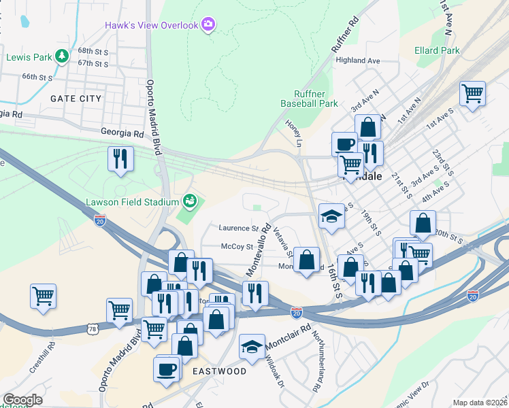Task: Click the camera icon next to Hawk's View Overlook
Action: pyautogui.click(x=208, y=25)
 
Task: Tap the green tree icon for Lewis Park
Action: pyautogui.click(x=62, y=56)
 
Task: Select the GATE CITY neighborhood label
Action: pyautogui.click(x=76, y=99)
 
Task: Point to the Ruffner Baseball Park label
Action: pyautogui.click(x=310, y=99)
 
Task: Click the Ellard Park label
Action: pyautogui.click(x=437, y=50)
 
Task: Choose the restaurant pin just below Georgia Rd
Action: pyautogui.click(x=120, y=159)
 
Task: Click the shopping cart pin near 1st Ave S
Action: pyautogui.click(x=472, y=94)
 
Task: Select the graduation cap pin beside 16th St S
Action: pyautogui.click(x=331, y=217)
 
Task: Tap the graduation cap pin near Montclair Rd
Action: pyautogui.click(x=252, y=347)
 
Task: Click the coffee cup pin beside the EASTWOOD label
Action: pyautogui.click(x=167, y=369)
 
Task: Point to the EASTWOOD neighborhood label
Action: pyautogui.click(x=219, y=371)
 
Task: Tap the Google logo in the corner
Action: pyautogui.click(x=22, y=400)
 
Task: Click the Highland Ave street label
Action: pyautogui.click(x=358, y=61)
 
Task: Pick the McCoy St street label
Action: pyautogui.click(x=236, y=247)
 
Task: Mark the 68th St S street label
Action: pyautogui.click(x=93, y=51)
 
